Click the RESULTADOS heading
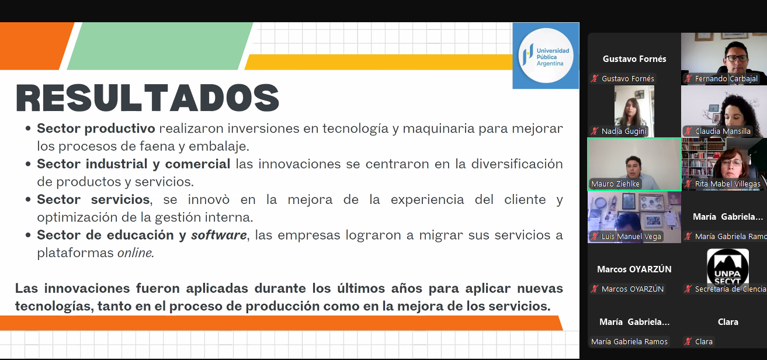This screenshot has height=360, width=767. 148,98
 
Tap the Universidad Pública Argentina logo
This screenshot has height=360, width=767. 546,56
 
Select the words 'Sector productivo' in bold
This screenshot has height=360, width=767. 96,129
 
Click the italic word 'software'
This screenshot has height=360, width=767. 219,235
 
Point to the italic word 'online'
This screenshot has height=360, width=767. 136,253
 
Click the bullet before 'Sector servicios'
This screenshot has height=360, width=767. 28,199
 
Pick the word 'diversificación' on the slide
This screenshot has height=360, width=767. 517,164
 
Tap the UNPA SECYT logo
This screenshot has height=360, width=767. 728,267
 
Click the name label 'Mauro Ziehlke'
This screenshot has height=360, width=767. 615,184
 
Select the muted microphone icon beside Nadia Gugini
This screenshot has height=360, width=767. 595,131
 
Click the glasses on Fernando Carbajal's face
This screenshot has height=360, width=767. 736,58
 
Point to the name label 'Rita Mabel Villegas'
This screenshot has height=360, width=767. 727,184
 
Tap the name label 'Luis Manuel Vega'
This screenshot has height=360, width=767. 631,236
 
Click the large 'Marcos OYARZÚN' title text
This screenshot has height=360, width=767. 634,269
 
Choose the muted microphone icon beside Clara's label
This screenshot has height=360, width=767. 688,341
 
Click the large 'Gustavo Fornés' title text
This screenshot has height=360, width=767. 634,59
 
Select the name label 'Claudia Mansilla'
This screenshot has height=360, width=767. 723,131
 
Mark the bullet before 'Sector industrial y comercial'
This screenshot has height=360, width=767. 28,164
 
